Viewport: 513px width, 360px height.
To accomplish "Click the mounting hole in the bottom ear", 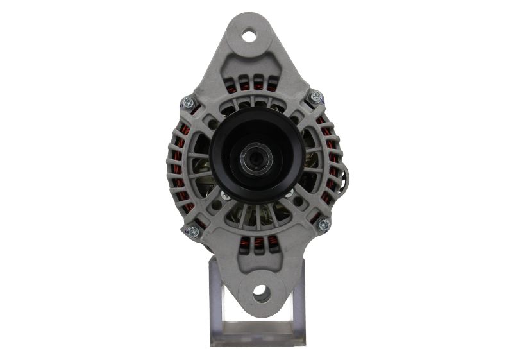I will (x=261, y=294).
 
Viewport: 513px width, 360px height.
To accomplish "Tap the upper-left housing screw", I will (x=188, y=101).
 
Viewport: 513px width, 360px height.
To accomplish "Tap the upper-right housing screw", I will (x=316, y=96).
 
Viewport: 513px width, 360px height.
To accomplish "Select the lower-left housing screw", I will (x=193, y=231).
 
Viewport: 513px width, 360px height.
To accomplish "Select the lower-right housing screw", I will (x=323, y=225).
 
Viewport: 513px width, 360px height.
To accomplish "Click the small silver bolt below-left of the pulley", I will (x=225, y=196).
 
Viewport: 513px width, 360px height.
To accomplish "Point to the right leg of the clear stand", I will (x=297, y=302).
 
